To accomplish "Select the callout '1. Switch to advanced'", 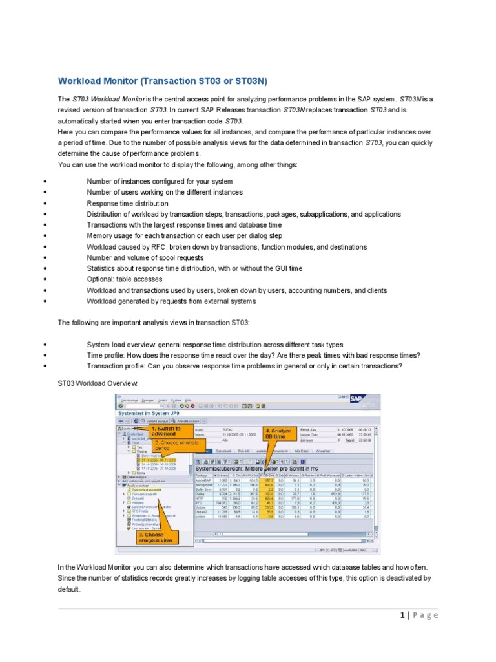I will click(x=170, y=431).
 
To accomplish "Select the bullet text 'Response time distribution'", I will click(x=127, y=203).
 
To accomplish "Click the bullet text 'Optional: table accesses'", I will click(x=125, y=279).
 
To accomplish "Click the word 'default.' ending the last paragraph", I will click(x=70, y=590).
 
